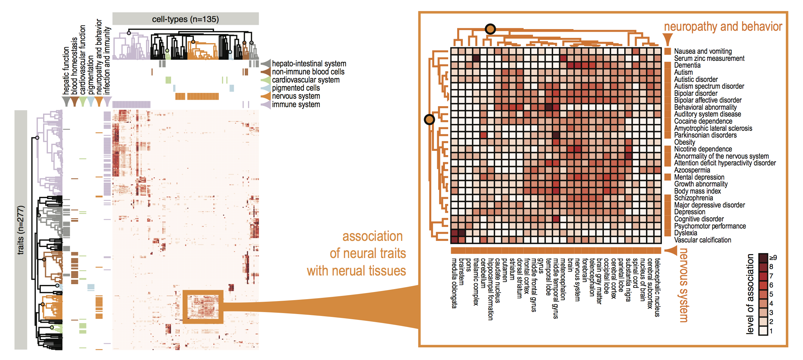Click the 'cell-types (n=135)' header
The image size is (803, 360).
186,19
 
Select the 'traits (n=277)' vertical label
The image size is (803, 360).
20,230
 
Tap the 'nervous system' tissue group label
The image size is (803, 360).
296,96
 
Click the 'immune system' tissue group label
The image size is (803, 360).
296,104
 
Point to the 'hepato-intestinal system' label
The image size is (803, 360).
309,63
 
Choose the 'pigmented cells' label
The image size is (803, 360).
296,88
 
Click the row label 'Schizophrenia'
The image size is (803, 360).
694,198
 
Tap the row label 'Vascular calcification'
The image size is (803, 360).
703,240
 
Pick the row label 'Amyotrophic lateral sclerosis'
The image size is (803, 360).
713,128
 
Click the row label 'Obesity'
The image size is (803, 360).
684,142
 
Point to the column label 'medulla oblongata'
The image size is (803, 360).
455,283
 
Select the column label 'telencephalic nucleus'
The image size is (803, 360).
657,287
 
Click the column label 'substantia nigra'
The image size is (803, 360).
628,280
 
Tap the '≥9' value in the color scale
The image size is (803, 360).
773,258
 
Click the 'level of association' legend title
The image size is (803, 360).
750,294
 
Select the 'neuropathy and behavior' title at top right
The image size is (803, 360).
723,27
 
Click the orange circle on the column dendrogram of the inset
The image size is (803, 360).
490,29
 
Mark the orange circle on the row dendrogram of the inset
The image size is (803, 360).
429,120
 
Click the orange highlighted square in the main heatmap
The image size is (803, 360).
203,307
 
